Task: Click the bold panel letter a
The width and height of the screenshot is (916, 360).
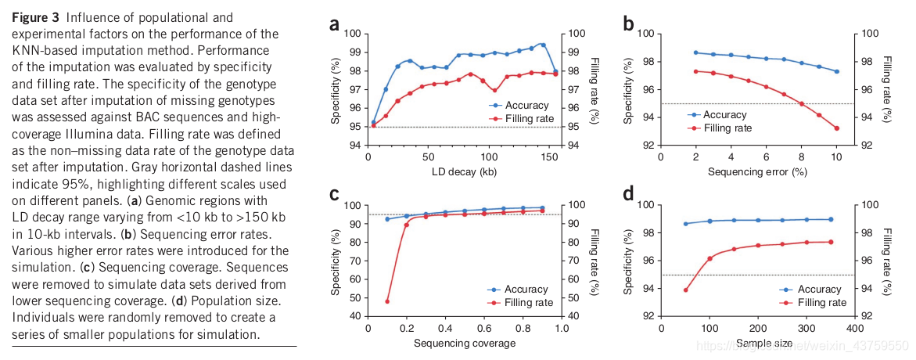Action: [x=334, y=24]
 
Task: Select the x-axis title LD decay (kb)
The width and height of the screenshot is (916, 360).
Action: [x=462, y=171]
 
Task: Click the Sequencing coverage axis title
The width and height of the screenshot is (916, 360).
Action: [x=465, y=343]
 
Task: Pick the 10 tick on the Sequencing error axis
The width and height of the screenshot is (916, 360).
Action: [x=836, y=157]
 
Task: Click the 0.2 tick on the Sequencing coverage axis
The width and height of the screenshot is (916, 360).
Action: [x=406, y=329]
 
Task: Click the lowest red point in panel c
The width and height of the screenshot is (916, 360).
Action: [x=387, y=301]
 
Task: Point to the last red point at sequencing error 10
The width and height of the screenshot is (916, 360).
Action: [x=836, y=128]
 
